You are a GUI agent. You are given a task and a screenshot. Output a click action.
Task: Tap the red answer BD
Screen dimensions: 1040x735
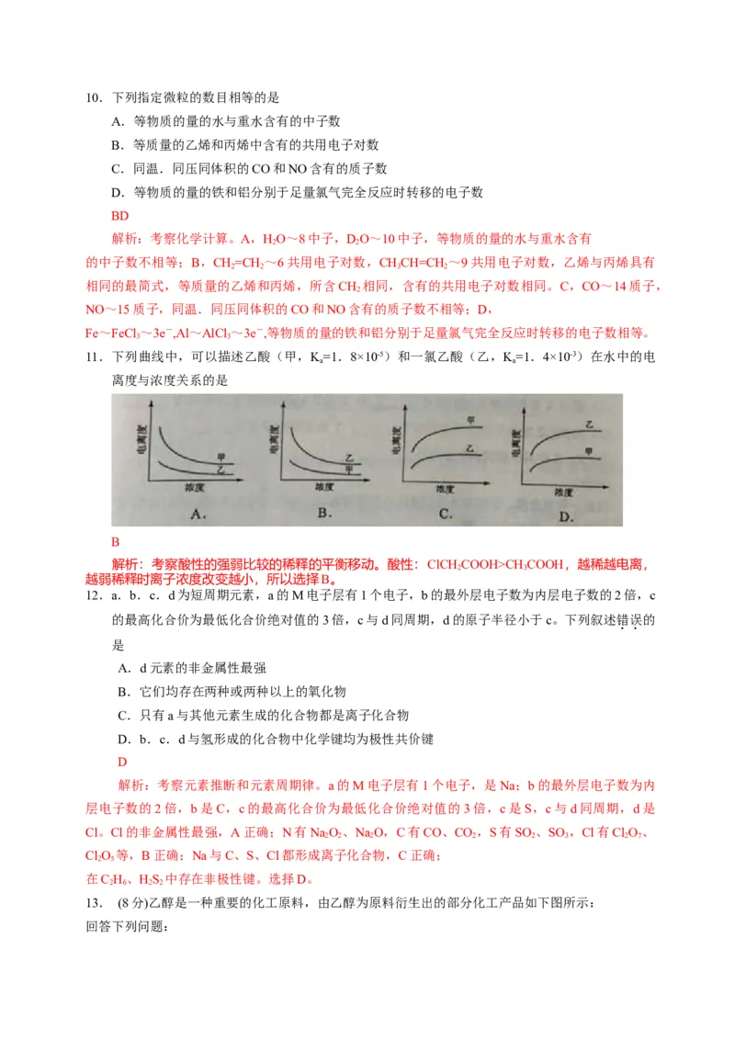(x=119, y=216)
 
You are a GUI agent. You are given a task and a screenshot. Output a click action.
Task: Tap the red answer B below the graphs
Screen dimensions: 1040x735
(x=116, y=542)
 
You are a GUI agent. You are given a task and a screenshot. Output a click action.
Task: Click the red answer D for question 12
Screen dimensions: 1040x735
(x=122, y=762)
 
